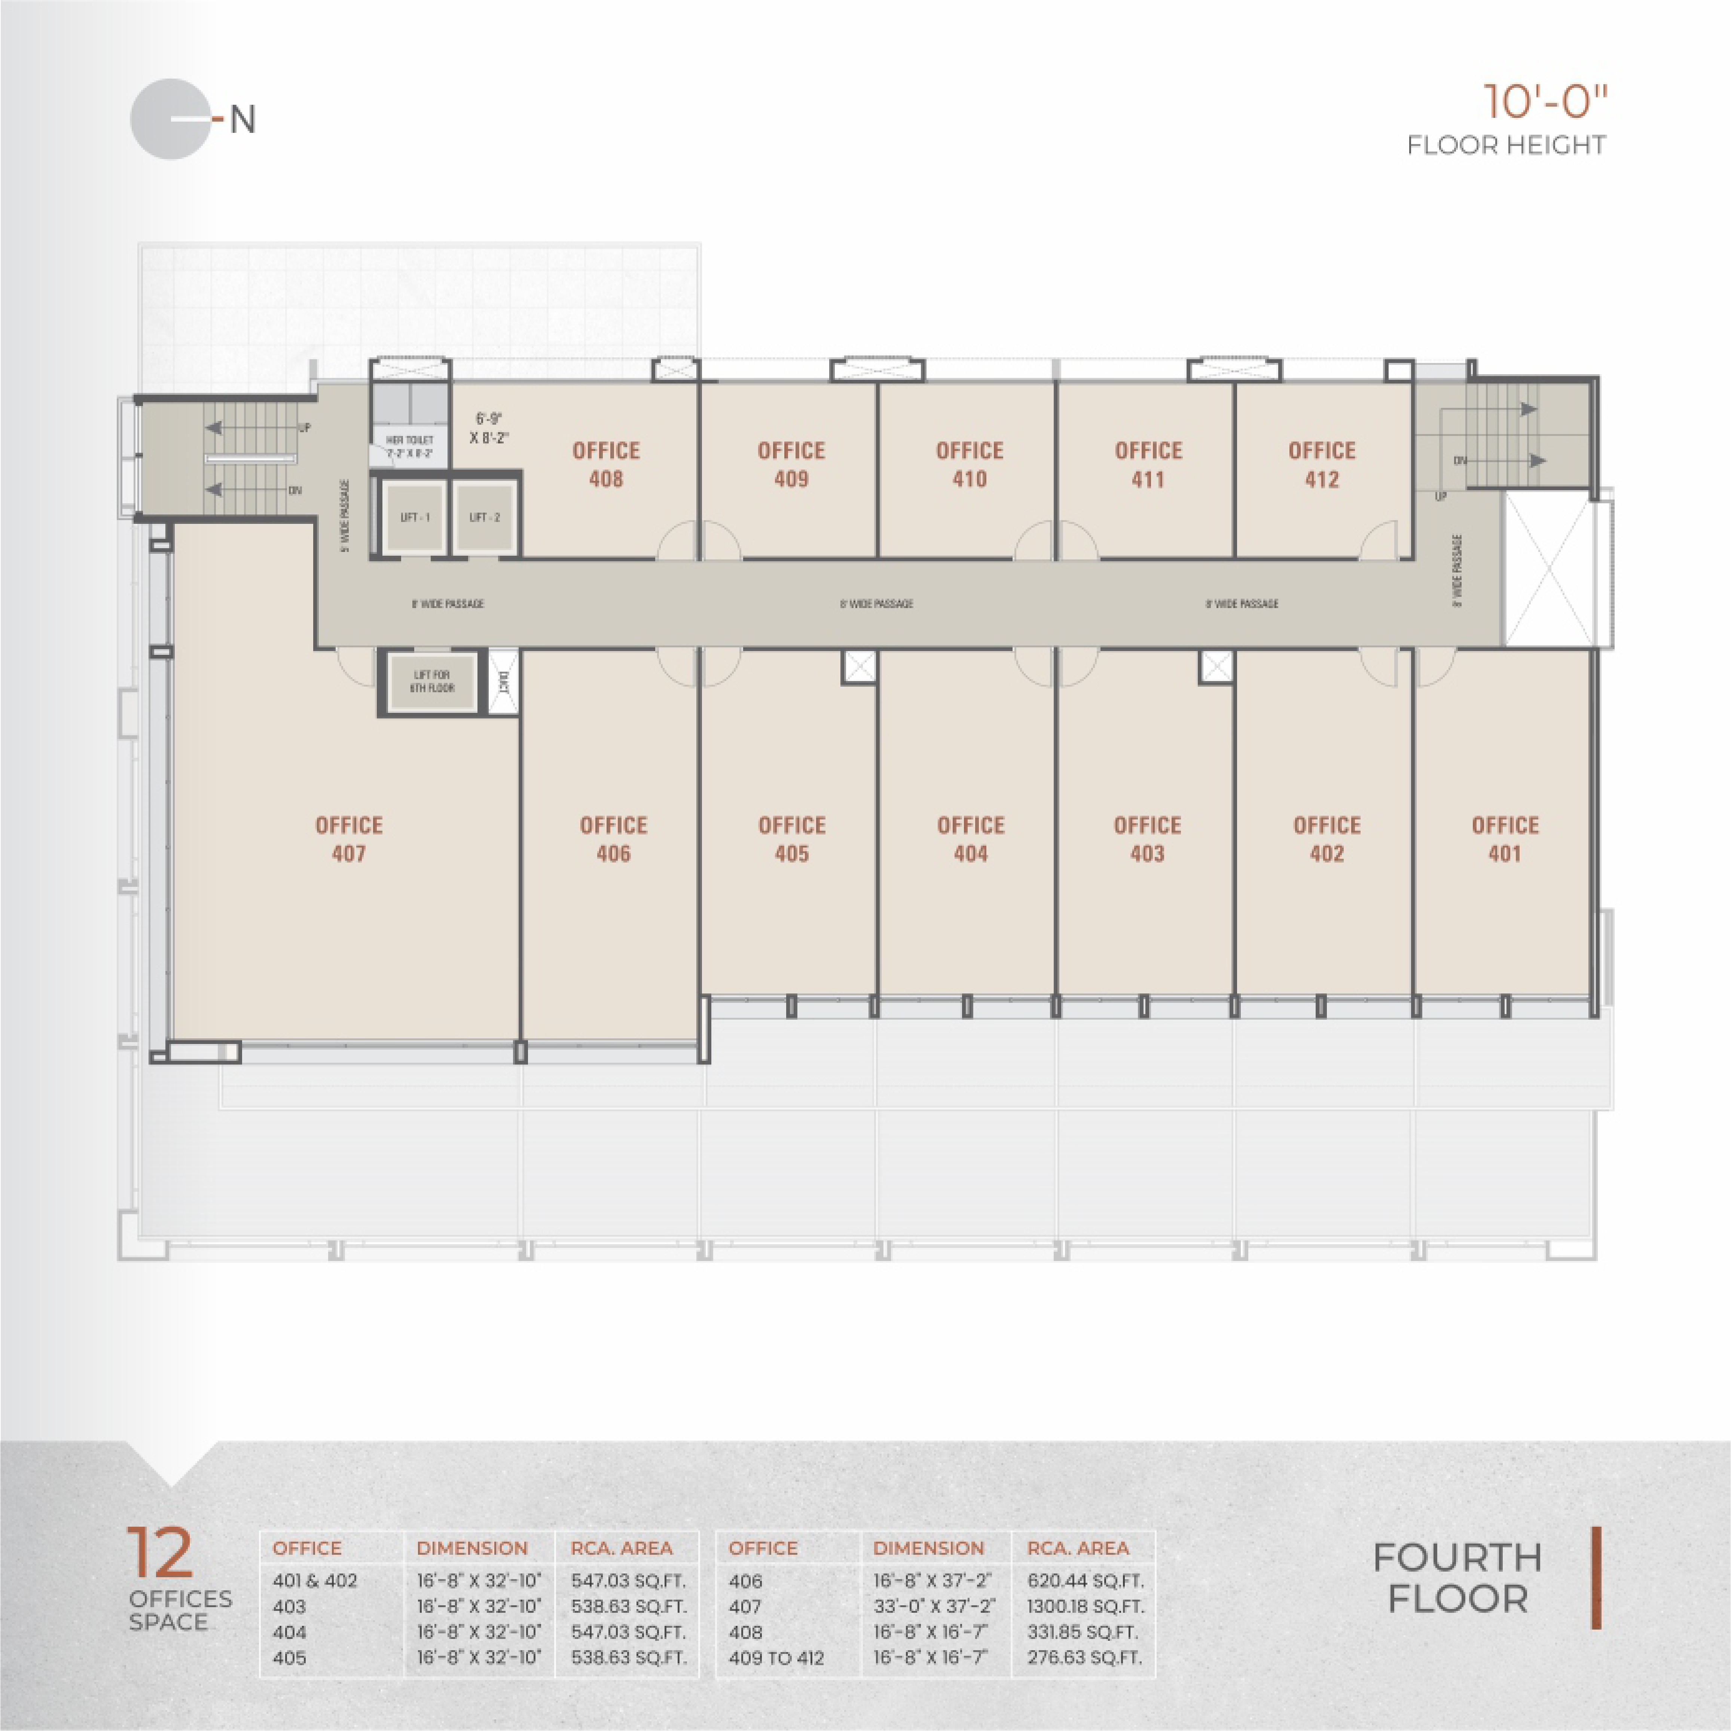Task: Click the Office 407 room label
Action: pos(348,839)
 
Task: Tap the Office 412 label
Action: pos(1322,464)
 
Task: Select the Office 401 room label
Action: pos(1504,839)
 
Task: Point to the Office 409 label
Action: pos(791,464)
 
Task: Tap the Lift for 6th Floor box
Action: pos(432,682)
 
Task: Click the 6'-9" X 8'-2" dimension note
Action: pos(489,428)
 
